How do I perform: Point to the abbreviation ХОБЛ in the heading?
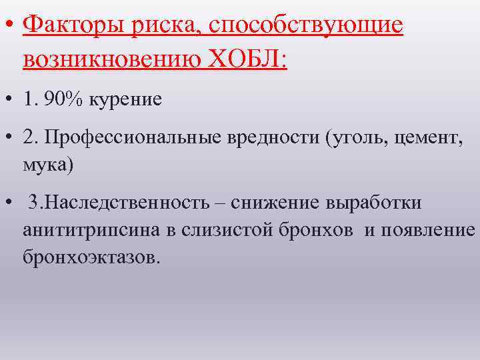[x=247, y=59]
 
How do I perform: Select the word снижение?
[x=279, y=204]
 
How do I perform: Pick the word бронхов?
[x=317, y=230]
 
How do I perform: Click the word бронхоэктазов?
[x=91, y=256]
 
